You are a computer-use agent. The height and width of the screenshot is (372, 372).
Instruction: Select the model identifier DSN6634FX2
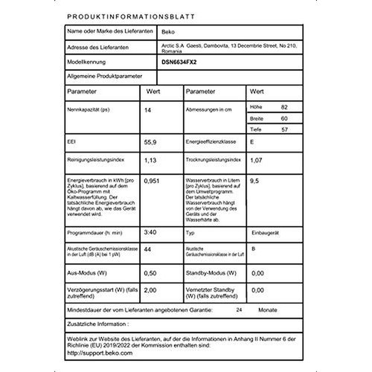pyautogui.click(x=181, y=64)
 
